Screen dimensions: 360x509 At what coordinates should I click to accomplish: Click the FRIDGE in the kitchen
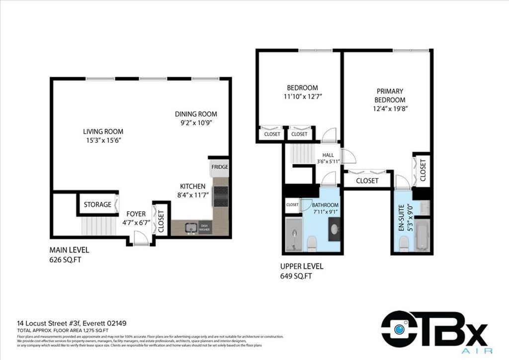pyautogui.click(x=220, y=167)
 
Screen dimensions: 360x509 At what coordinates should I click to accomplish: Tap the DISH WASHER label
pyautogui.click(x=205, y=227)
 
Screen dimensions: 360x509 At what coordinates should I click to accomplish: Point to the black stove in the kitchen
pyautogui.click(x=220, y=196)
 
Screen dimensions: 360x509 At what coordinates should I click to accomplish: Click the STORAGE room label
pyautogui.click(x=97, y=204)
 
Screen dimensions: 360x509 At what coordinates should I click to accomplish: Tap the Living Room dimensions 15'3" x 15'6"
pyautogui.click(x=103, y=141)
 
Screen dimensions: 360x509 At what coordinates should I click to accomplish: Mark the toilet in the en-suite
pyautogui.click(x=404, y=243)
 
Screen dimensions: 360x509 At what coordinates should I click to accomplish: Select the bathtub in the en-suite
pyautogui.click(x=422, y=236)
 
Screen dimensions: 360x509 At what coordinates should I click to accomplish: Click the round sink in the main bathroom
pyautogui.click(x=334, y=229)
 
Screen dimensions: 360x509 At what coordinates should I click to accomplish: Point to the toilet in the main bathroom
pyautogui.click(x=312, y=243)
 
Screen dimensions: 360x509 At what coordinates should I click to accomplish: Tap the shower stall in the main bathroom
pyautogui.click(x=294, y=234)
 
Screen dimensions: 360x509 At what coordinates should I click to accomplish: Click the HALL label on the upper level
pyautogui.click(x=328, y=155)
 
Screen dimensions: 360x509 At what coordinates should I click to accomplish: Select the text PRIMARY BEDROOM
pyautogui.click(x=390, y=95)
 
